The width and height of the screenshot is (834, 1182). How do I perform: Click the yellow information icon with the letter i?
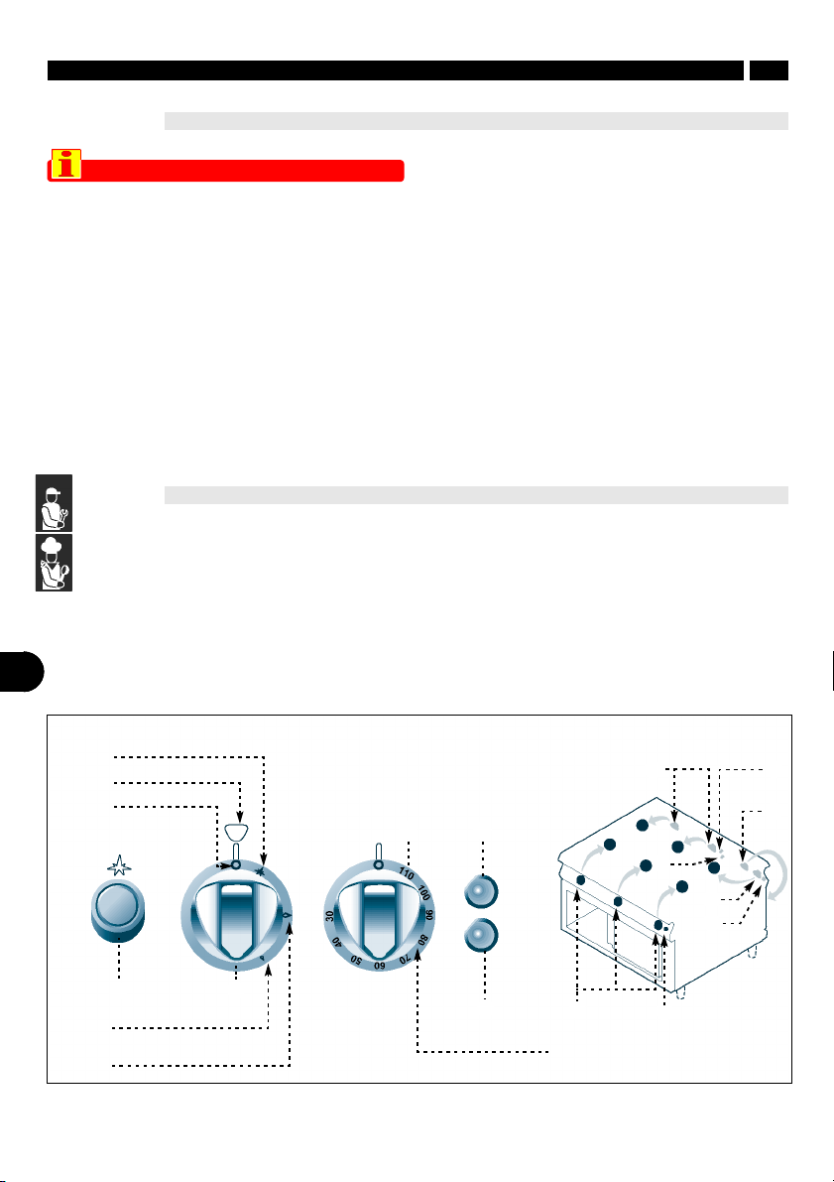pos(66,164)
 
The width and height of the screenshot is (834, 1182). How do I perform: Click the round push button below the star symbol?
pos(118,911)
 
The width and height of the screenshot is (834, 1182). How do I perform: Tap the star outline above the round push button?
pos(119,865)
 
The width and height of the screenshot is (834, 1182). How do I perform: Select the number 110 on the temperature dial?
pos(406,874)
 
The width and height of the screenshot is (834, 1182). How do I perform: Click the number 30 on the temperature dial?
pos(329,916)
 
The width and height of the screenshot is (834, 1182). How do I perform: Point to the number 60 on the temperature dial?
pos(379,965)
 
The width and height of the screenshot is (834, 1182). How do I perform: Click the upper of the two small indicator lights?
pos(481,892)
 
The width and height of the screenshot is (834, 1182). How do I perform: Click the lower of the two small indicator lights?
pos(481,936)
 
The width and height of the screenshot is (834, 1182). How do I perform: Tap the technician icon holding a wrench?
pos(55,503)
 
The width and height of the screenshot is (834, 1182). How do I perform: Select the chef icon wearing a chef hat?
pos(55,563)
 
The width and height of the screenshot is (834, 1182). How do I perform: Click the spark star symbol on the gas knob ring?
pos(262,871)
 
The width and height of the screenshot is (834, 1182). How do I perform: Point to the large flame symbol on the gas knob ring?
pos(287,915)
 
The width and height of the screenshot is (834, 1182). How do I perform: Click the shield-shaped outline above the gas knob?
pos(236,833)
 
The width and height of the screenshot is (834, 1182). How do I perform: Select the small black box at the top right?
pos(769,70)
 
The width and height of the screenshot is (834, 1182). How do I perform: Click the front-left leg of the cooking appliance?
pos(681,991)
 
